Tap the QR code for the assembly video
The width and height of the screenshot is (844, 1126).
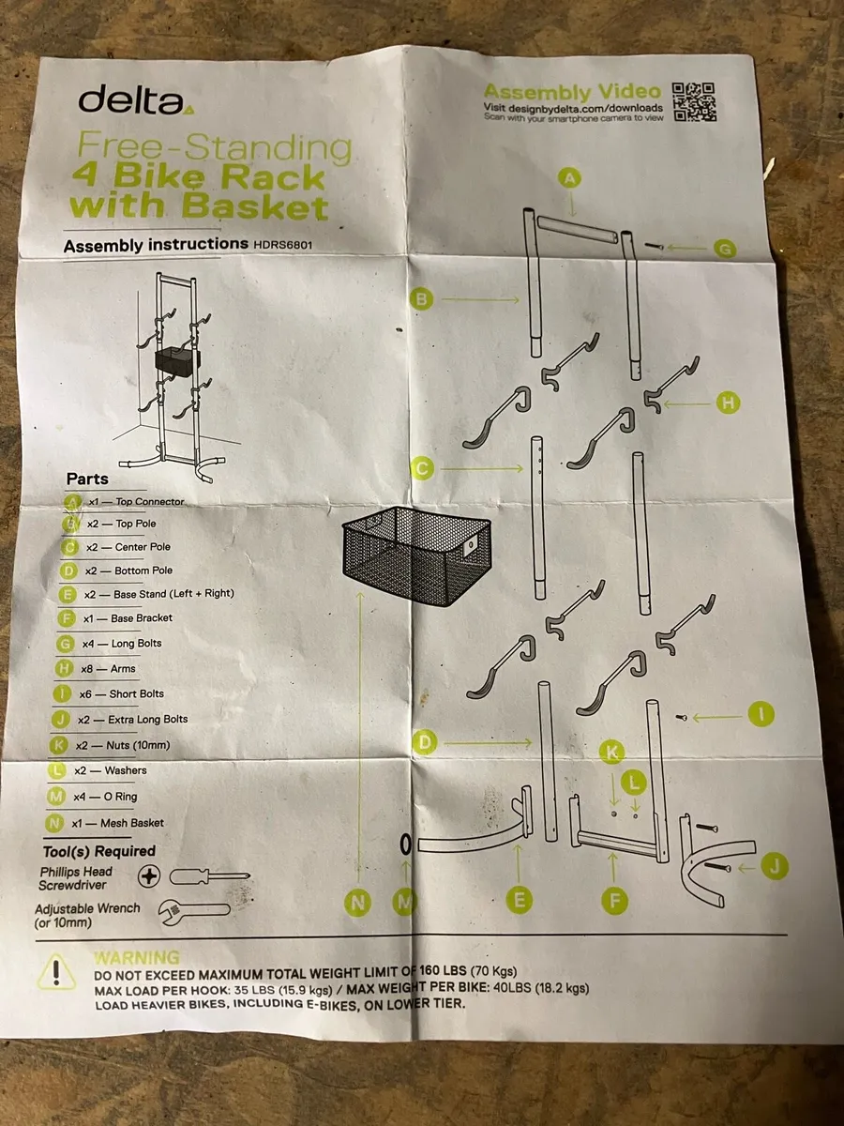695,102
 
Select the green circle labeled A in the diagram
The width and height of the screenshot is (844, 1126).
569,176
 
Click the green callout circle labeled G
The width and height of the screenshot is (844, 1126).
724,248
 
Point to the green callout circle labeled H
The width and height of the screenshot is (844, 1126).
728,403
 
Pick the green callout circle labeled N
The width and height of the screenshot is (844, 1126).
356,903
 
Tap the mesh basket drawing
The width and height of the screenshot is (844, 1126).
415,555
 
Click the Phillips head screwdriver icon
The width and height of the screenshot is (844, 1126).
192,877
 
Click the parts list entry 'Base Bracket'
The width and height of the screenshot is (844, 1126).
142,617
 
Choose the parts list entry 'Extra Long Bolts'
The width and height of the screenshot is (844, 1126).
149,720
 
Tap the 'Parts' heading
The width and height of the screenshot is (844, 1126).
87,479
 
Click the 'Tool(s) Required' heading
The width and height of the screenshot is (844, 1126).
99,851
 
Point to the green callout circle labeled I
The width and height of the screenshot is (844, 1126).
761,715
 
